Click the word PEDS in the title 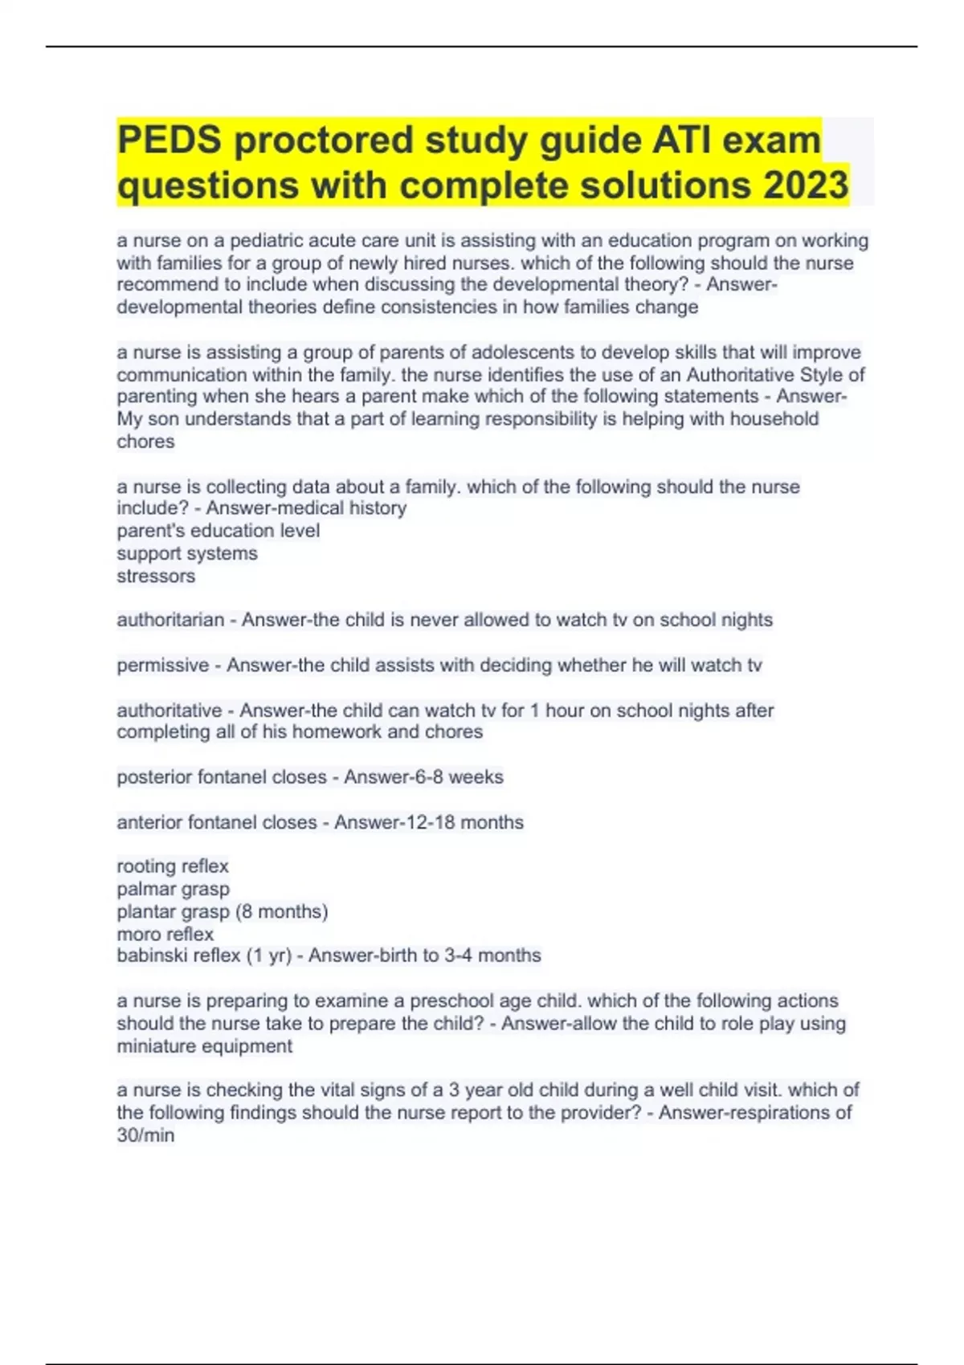click(x=170, y=140)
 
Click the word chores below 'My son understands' click(x=145, y=442)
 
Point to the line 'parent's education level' click(x=218, y=531)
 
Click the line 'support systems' click(x=187, y=553)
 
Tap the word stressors click(x=156, y=576)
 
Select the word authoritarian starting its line click(x=170, y=620)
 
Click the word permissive click(x=163, y=665)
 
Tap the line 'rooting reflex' click(x=173, y=866)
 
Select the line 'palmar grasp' click(x=173, y=889)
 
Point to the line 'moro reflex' click(x=165, y=934)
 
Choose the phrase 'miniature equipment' click(x=205, y=1046)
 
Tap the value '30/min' click(x=145, y=1135)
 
